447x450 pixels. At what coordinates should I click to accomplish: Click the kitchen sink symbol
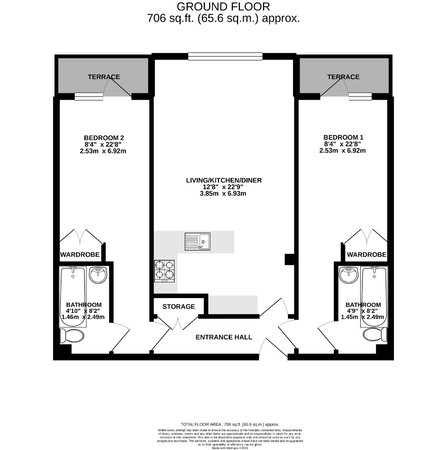point(198,242)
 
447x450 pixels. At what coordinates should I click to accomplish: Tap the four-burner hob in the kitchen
point(164,271)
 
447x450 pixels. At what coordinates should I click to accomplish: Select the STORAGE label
point(179,307)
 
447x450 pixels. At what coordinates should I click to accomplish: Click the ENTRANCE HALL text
point(224,337)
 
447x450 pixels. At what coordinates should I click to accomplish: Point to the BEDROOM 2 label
point(104,138)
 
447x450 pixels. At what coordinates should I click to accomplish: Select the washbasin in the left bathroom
point(98,275)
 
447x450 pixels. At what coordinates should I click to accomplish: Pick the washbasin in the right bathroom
point(349,275)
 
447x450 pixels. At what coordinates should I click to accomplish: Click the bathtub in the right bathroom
point(374,296)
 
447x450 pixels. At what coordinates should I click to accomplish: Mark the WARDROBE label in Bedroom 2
point(80,255)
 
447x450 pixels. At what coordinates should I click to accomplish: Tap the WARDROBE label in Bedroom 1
point(366,255)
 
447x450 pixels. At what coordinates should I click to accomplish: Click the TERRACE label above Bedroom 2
point(104,77)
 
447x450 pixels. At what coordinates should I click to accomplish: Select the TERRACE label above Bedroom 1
point(343,77)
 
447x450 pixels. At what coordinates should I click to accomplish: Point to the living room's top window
point(225,56)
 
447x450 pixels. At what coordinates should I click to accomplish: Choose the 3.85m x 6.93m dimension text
point(224,193)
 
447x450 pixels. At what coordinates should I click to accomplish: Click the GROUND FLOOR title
point(223,7)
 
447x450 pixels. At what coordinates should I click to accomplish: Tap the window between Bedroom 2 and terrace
point(88,97)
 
